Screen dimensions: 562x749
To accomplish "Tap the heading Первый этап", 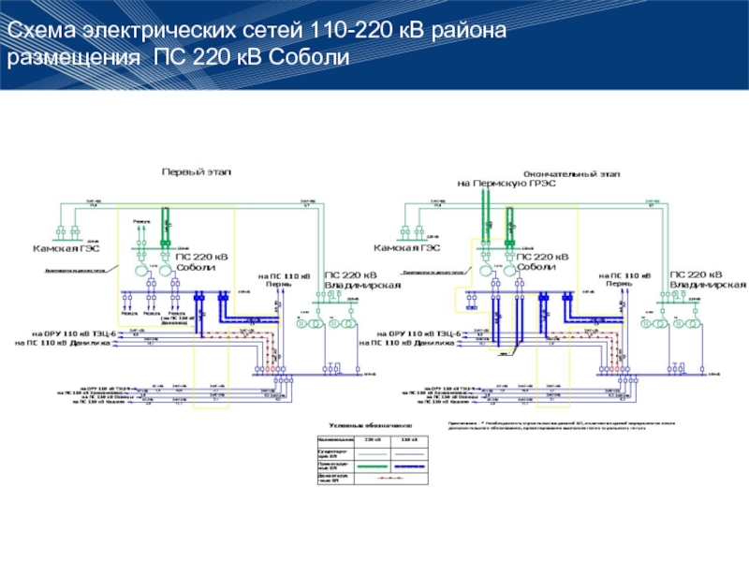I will (x=196, y=172).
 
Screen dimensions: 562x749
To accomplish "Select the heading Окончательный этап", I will (x=570, y=174).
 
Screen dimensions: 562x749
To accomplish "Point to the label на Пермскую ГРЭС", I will (x=507, y=184).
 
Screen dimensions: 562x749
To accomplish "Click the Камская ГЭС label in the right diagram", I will (x=407, y=248).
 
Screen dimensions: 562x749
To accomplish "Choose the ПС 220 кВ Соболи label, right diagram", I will (x=543, y=261).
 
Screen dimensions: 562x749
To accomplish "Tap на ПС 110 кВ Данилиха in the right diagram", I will (x=412, y=343).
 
